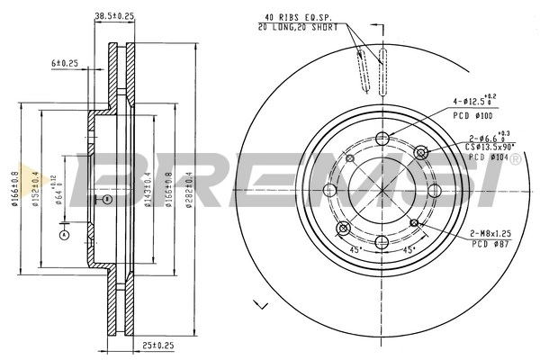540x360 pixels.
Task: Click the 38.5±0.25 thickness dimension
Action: (x=114, y=16)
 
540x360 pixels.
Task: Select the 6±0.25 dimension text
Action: (x=67, y=63)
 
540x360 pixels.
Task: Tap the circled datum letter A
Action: (x=63, y=236)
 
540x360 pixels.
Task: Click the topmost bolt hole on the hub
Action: (x=382, y=138)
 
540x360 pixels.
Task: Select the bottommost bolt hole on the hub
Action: (x=382, y=241)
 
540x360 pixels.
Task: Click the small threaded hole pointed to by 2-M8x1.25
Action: (x=414, y=221)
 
